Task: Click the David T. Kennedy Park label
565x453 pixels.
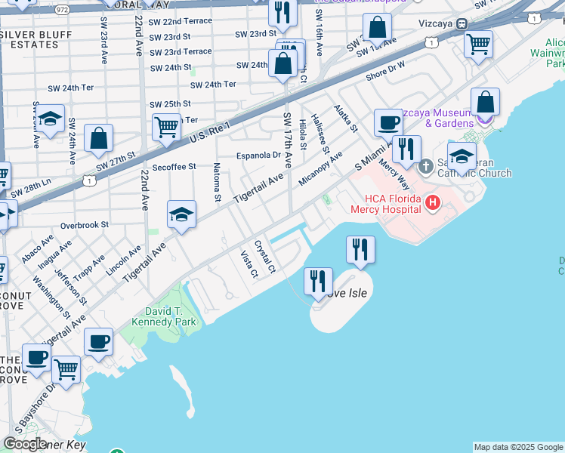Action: click(x=164, y=317)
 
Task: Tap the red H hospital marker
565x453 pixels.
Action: click(x=432, y=202)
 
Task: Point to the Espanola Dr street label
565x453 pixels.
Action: click(x=258, y=156)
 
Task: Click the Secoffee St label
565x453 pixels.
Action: click(x=174, y=167)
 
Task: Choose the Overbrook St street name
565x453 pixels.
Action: click(x=85, y=225)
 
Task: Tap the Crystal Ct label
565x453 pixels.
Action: click(x=265, y=257)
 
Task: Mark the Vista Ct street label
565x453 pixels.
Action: click(x=249, y=263)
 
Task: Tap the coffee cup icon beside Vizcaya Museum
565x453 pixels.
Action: click(x=389, y=122)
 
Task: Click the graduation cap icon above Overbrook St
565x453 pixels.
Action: click(x=181, y=214)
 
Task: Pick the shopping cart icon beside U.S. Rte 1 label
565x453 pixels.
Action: click(x=166, y=126)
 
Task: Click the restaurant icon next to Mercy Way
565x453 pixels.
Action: click(x=406, y=149)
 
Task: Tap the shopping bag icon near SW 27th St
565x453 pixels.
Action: click(x=98, y=138)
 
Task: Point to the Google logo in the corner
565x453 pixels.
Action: click(x=25, y=444)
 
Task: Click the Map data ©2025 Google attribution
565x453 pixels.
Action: click(x=518, y=447)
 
